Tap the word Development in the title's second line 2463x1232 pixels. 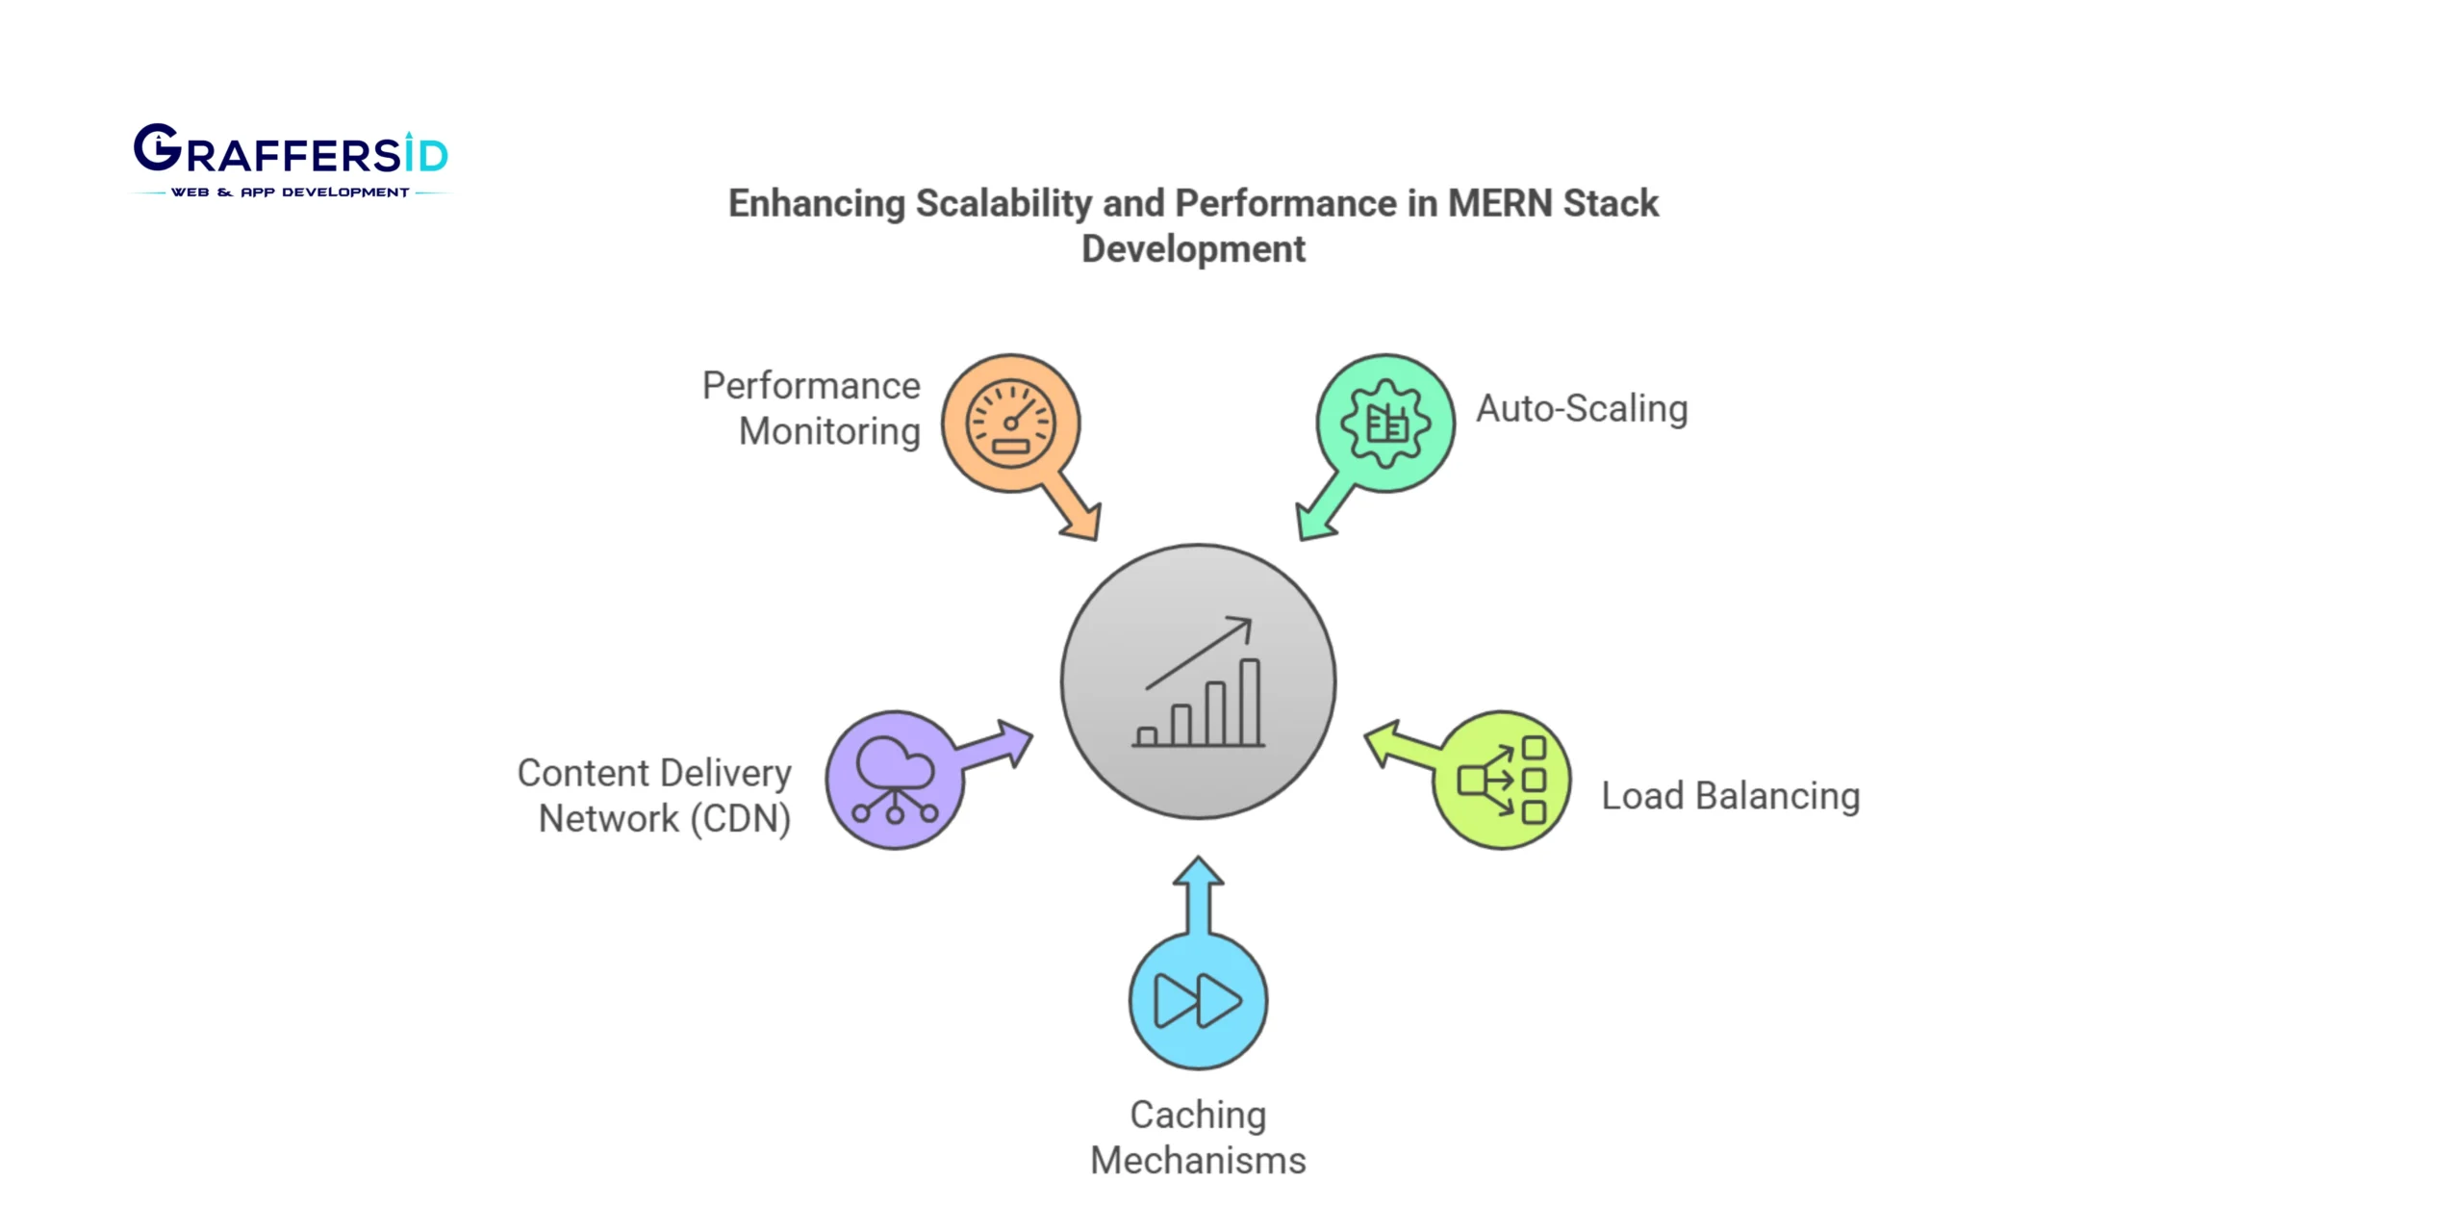point(1193,249)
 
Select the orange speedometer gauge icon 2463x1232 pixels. point(1010,423)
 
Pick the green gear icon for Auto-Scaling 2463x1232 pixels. point(1385,423)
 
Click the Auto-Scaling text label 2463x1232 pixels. point(1582,408)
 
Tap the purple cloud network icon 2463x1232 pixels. point(895,780)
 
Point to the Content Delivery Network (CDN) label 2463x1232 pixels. point(654,795)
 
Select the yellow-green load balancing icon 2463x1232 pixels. point(1502,780)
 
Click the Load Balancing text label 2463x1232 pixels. point(1730,796)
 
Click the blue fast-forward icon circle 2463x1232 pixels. point(1198,1001)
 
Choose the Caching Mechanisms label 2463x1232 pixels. point(1198,1137)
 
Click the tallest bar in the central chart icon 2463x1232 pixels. point(1249,703)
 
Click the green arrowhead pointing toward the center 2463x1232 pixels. point(1312,524)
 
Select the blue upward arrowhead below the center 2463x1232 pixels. point(1198,871)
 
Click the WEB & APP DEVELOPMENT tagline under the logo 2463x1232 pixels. point(290,192)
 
